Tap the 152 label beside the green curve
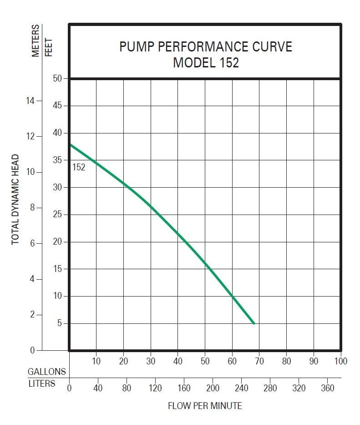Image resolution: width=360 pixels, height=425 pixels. coord(79,167)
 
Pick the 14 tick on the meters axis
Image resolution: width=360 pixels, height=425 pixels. coord(30,101)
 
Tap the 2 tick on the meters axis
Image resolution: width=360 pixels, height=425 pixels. coord(32,315)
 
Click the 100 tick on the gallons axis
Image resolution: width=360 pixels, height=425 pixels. coord(340,361)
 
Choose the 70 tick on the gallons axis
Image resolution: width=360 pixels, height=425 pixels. coord(259,361)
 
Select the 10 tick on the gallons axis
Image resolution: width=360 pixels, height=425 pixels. coord(96,361)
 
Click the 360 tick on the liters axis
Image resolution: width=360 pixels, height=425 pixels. coord(327,388)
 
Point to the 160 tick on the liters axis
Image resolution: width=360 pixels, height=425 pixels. coord(184,388)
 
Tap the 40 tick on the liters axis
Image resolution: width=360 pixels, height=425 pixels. coord(98,388)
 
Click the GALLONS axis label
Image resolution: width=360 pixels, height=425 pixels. coord(47,372)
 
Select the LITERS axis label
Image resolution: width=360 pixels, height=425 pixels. coord(41,384)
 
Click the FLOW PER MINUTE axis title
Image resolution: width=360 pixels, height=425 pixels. coord(205,405)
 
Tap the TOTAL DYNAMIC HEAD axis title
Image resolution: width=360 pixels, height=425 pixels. coord(15,200)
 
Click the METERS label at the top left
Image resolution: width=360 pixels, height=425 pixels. coord(36,41)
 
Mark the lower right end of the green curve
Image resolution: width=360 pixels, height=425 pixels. coord(254,323)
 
